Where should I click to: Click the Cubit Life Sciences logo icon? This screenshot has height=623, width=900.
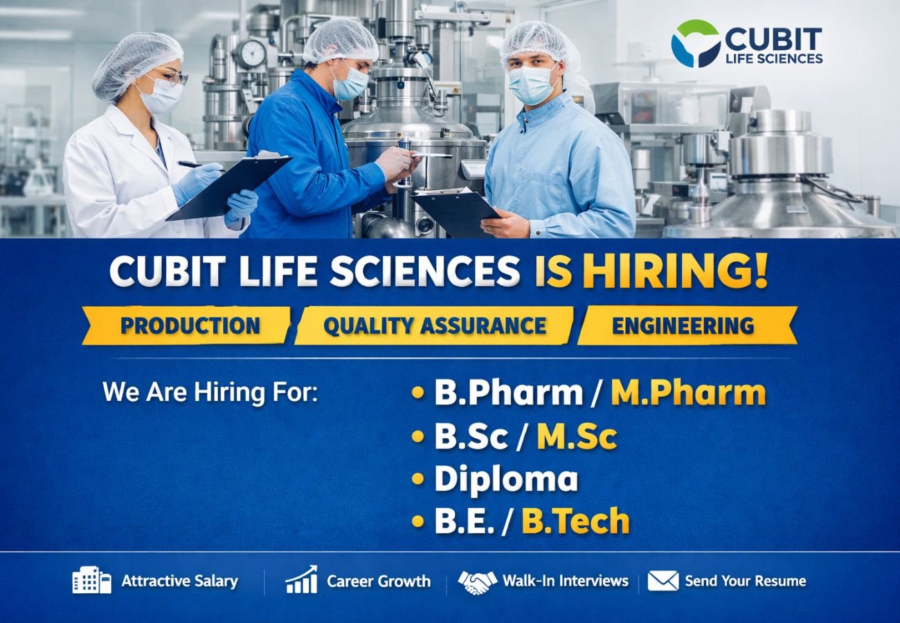point(695,43)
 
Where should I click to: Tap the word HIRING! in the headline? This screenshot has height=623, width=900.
point(675,271)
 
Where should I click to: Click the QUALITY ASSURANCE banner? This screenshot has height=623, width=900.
point(435,325)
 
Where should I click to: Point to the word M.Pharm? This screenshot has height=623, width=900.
point(688,392)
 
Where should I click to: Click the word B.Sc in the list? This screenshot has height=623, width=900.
point(471,436)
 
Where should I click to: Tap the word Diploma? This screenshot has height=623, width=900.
point(506,479)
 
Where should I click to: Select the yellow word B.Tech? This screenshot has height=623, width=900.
point(575,521)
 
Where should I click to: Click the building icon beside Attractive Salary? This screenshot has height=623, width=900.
point(91,581)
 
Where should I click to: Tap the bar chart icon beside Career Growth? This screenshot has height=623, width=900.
point(301,580)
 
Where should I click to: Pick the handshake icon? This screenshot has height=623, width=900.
point(478,581)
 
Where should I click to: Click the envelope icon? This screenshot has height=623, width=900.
point(663,581)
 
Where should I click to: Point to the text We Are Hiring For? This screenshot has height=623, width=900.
point(210,392)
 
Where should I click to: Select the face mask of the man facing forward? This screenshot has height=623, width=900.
point(532,84)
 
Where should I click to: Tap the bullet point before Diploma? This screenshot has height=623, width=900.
point(417,478)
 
